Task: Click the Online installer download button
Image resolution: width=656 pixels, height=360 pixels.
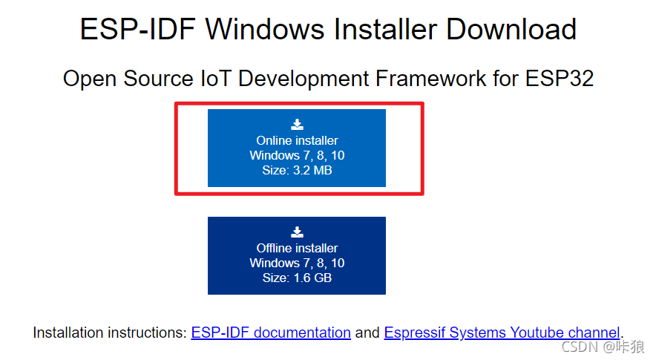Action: point(297,148)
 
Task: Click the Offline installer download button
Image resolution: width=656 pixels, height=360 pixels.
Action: point(297,255)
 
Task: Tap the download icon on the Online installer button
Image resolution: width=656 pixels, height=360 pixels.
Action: point(297,125)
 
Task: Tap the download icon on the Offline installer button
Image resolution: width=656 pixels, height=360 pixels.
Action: point(297,232)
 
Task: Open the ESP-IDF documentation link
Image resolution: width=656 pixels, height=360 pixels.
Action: point(271,333)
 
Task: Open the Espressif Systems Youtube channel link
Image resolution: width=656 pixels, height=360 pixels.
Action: point(502,333)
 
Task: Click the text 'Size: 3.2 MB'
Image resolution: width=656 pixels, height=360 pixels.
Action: point(297,171)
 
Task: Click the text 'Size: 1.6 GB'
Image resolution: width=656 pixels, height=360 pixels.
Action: point(297,278)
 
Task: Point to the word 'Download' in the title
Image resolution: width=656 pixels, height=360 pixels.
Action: point(511,30)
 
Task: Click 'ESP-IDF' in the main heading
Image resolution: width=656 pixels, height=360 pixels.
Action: point(137,30)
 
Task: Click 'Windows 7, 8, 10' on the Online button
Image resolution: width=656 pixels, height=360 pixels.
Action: point(297,156)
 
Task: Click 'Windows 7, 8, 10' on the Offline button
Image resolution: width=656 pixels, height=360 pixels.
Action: point(297,264)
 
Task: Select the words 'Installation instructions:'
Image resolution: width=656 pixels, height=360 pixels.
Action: point(110,333)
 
